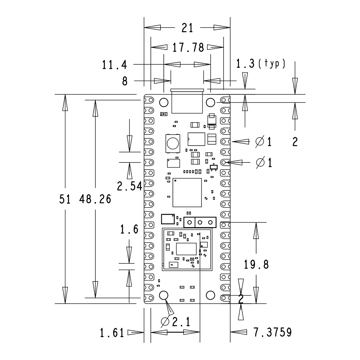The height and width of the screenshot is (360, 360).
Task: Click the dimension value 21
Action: tap(187, 28)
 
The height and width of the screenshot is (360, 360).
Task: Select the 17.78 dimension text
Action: tap(188, 48)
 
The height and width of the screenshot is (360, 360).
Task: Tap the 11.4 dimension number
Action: tap(114, 65)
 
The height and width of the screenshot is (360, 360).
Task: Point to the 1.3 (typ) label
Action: tap(260, 64)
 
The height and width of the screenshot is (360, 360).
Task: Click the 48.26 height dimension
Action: tap(95, 199)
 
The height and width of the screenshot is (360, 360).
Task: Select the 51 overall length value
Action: tap(65, 199)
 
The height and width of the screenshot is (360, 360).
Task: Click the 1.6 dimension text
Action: tap(129, 230)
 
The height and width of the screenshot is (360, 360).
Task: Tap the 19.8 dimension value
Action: tap(256, 265)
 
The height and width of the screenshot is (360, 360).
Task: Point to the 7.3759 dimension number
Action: tap(272, 332)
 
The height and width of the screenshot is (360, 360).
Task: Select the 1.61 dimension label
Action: tap(112, 332)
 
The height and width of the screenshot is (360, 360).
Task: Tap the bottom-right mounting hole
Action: tap(210, 295)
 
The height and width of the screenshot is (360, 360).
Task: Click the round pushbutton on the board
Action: tap(173, 142)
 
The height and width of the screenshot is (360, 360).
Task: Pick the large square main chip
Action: tap(187, 192)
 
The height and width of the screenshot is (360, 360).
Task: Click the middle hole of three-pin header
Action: tap(200, 222)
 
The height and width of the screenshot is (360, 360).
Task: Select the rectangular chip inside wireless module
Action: tap(186, 248)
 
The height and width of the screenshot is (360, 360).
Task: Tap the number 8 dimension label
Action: tap(125, 81)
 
